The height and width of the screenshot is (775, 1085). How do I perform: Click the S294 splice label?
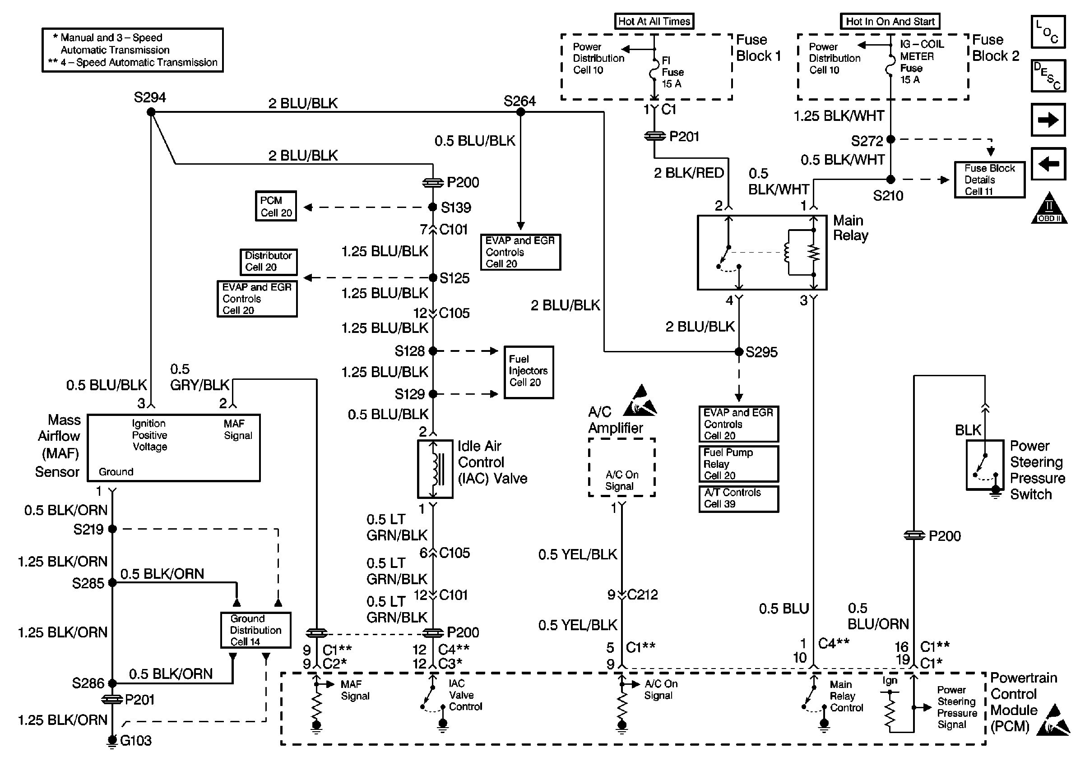click(149, 98)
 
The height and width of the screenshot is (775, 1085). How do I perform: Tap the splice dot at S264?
click(520, 112)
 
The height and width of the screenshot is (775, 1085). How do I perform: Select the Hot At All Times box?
click(654, 22)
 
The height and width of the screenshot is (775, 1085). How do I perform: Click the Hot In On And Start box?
click(890, 22)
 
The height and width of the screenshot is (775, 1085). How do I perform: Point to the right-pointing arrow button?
click(1048, 120)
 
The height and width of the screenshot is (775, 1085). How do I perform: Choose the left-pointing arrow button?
click(1048, 164)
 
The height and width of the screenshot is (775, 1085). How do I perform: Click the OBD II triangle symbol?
click(1049, 209)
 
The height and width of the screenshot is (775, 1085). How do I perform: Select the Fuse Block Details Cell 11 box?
click(989, 180)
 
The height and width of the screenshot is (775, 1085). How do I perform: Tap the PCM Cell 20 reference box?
click(276, 207)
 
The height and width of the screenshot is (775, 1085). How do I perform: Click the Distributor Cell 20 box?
click(268, 262)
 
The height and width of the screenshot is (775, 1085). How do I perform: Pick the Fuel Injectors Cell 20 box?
click(529, 372)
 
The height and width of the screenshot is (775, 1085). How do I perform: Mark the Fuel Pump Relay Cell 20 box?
click(738, 464)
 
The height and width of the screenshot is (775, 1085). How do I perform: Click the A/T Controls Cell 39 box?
click(738, 498)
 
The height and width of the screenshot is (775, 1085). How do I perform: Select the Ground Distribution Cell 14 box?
click(255, 630)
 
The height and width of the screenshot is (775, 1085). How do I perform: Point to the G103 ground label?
click(135, 741)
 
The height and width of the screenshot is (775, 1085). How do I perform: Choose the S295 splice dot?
click(739, 352)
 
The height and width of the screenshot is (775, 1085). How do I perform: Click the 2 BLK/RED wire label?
click(688, 173)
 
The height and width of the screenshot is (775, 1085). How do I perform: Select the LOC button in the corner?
click(1048, 32)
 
